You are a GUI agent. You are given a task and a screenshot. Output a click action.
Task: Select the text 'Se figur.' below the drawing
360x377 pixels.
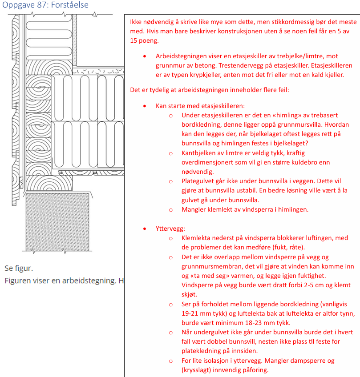tap(19, 268)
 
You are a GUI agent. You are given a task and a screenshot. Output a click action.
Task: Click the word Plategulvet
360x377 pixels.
tap(200, 181)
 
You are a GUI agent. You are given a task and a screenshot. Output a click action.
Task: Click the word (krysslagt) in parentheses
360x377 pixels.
tap(198, 370)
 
